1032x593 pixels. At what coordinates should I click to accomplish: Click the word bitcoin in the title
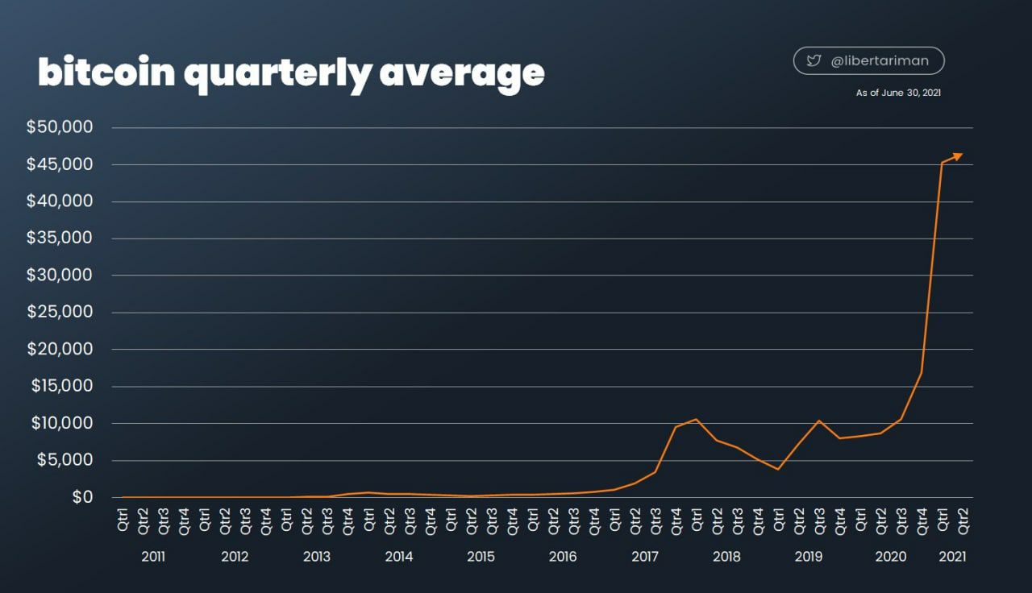point(106,73)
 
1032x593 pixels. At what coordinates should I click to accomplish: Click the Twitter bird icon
point(814,60)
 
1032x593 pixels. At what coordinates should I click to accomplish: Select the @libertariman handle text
point(880,60)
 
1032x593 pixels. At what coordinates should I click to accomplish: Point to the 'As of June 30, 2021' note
point(898,93)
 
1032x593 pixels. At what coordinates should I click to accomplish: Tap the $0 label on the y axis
point(83,497)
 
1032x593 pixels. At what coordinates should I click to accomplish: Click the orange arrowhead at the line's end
point(957,156)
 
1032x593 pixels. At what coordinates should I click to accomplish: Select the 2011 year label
point(153,557)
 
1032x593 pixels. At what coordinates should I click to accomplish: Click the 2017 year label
point(645,557)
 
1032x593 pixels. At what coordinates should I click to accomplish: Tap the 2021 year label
point(952,557)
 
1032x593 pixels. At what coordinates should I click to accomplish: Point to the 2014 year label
point(399,557)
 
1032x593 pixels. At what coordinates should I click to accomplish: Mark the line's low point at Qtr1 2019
point(778,469)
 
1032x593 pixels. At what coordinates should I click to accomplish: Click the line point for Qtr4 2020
point(921,372)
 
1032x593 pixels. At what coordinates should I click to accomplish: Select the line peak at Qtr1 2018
point(696,419)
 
